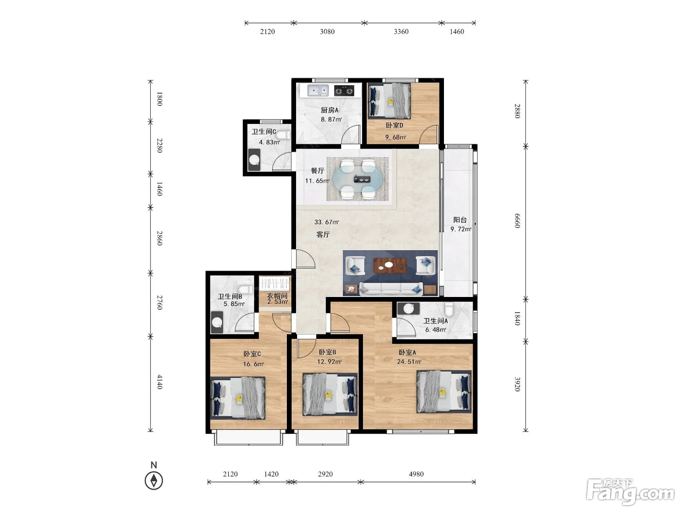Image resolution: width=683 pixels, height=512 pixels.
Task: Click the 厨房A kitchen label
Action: [x=329, y=110]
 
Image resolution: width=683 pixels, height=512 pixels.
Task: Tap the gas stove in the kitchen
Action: [x=344, y=91]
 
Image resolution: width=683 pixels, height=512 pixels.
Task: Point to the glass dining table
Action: [x=357, y=179]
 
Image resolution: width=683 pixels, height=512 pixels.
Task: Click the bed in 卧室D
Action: [x=389, y=101]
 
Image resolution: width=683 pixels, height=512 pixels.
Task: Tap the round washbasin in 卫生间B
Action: [x=217, y=322]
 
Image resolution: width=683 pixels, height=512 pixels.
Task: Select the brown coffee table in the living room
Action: [x=390, y=265]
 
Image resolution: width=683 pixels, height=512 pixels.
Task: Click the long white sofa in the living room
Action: [x=391, y=289]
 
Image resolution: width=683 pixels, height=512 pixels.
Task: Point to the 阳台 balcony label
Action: [x=460, y=220]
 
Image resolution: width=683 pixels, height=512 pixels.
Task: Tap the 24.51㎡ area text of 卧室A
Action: [x=409, y=361]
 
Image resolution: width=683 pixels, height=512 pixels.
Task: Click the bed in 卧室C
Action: [x=238, y=398]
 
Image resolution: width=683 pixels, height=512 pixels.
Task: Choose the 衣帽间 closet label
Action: [x=277, y=295]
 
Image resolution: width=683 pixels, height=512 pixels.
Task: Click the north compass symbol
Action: [x=154, y=480]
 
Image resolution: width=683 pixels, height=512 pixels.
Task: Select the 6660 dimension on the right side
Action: [x=517, y=221]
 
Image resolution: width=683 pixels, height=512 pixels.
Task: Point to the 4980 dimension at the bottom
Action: [x=416, y=474]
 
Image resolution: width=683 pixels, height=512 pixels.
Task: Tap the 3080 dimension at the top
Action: [x=327, y=31]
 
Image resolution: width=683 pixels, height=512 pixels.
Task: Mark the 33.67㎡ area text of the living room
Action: [x=326, y=222]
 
